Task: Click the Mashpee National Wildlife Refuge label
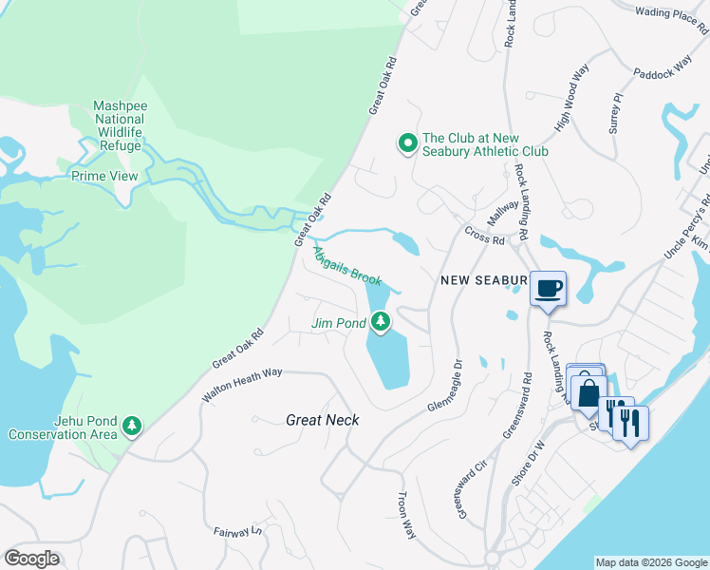[119, 126]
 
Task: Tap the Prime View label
[104, 176]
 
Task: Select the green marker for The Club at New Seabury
[408, 144]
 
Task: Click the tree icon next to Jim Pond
[381, 323]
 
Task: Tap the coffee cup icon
[548, 289]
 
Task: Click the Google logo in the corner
[31, 559]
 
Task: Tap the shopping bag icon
[588, 391]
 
